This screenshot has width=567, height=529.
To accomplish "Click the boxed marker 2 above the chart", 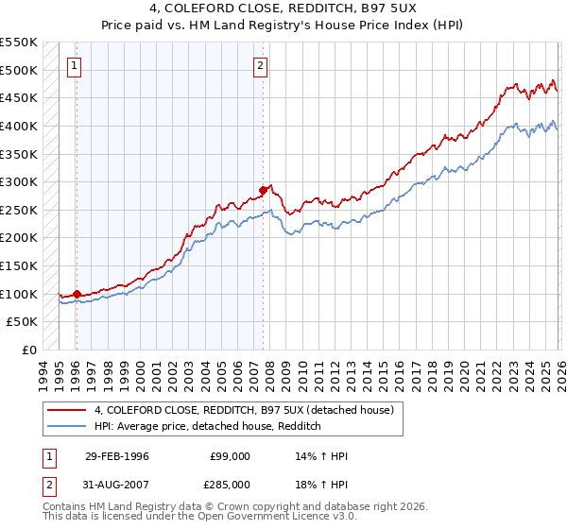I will (260, 66).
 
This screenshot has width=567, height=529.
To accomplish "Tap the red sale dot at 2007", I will (263, 191).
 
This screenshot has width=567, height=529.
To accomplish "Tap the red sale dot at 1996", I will (77, 294).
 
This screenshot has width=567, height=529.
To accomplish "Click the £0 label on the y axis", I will (29, 350).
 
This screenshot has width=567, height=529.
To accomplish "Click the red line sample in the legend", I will (67, 409).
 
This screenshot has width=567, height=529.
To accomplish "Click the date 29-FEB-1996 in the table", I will (116, 456).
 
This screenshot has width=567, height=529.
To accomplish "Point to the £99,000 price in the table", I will (231, 456).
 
